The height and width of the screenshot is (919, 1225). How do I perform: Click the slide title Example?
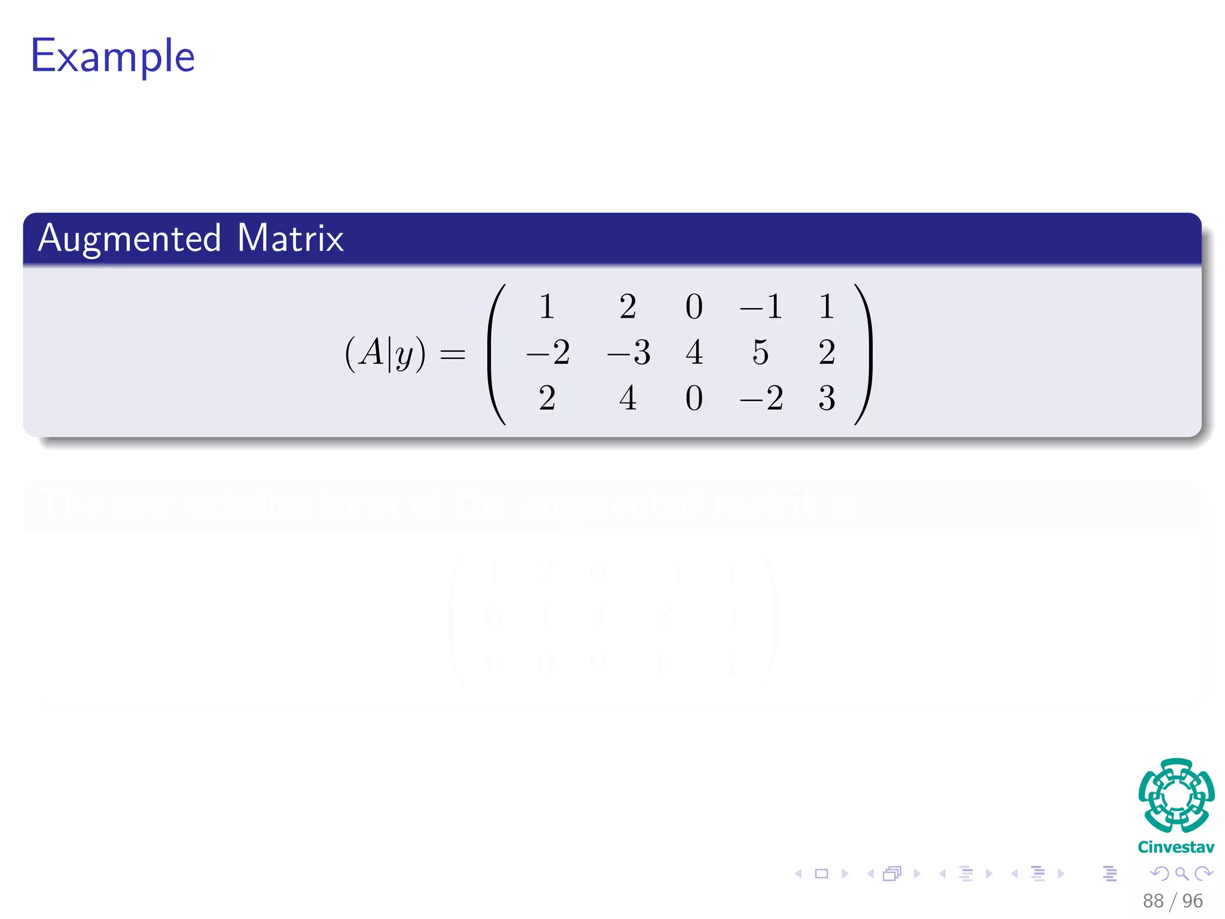pyautogui.click(x=112, y=56)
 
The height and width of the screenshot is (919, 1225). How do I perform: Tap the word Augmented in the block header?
pyautogui.click(x=130, y=239)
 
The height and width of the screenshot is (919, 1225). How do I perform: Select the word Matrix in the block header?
pyautogui.click(x=290, y=239)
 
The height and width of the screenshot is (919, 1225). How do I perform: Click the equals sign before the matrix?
pyautogui.click(x=453, y=354)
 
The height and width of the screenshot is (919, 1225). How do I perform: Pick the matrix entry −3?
pyautogui.click(x=628, y=352)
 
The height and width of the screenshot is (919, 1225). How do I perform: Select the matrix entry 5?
pyautogui.click(x=760, y=352)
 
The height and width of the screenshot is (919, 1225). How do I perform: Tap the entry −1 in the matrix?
pyautogui.click(x=761, y=307)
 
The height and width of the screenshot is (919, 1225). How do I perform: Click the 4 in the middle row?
pyautogui.click(x=694, y=352)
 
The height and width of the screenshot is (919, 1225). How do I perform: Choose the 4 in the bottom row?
pyautogui.click(x=627, y=398)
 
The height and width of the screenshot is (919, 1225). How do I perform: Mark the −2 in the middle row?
pyautogui.click(x=548, y=352)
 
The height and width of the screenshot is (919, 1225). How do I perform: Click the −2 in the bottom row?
pyautogui.click(x=761, y=398)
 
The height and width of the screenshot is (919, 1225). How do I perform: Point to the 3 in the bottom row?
pyautogui.click(x=827, y=398)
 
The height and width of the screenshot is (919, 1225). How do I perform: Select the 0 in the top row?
pyautogui.click(x=694, y=307)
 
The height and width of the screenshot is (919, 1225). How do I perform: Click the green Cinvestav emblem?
pyautogui.click(x=1176, y=795)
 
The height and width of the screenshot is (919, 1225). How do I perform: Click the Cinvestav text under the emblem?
pyautogui.click(x=1176, y=847)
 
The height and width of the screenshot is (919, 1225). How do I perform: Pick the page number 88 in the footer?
pyautogui.click(x=1153, y=901)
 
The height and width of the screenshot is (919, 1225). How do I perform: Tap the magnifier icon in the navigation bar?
pyautogui.click(x=1181, y=874)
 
